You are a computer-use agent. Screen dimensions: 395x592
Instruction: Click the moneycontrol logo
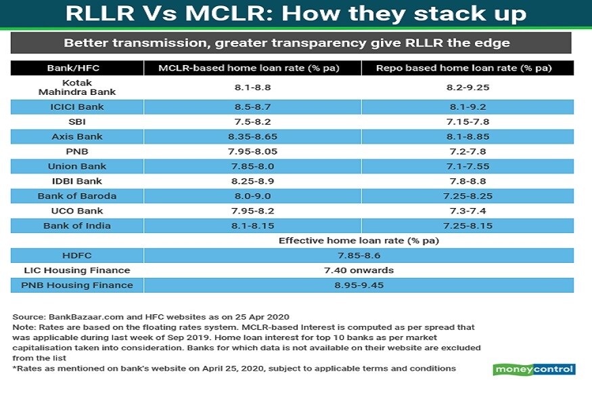[x=533, y=369]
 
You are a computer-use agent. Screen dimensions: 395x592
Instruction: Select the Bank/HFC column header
[x=76, y=68]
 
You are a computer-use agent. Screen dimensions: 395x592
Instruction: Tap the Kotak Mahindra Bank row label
[x=76, y=87]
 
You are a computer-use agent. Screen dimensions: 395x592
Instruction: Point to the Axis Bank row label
[x=76, y=137]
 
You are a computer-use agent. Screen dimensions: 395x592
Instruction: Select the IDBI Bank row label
[x=76, y=182]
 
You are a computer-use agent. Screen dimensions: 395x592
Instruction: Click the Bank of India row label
[x=76, y=226]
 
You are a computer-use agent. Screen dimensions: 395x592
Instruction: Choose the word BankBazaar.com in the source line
[x=79, y=317]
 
